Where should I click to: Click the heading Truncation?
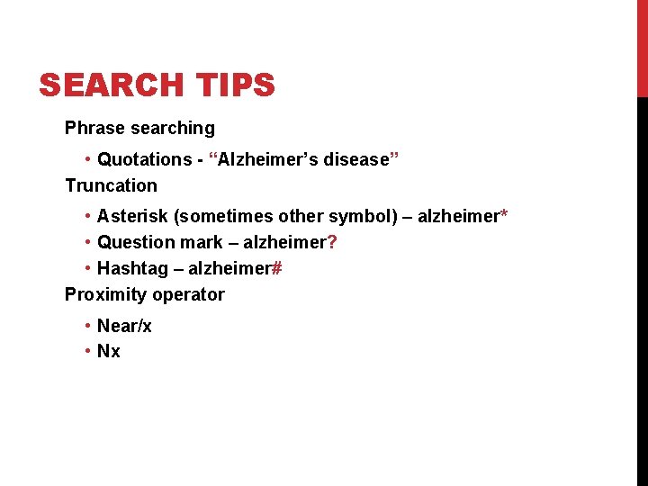(x=111, y=185)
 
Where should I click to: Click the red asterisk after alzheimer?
(x=504, y=215)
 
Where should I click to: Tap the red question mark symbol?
(x=333, y=242)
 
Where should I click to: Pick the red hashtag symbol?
(x=277, y=268)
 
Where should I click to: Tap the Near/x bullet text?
(x=124, y=326)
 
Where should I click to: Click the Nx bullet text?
(x=108, y=351)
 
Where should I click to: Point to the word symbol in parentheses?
(x=359, y=216)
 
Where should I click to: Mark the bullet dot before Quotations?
(x=87, y=160)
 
